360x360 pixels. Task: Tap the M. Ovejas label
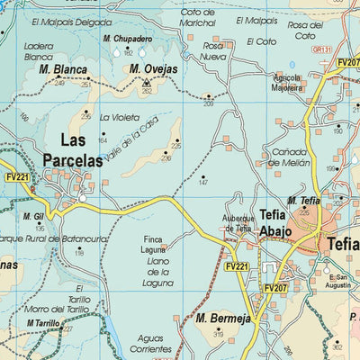tap(153, 68)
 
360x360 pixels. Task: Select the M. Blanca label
tap(63, 68)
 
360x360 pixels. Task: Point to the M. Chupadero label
tap(126, 40)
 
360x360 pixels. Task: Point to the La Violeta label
tap(119, 118)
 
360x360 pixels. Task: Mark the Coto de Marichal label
tap(199, 17)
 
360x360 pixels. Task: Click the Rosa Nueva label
tap(213, 50)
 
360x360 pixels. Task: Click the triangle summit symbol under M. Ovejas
tap(146, 82)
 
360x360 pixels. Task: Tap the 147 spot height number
tap(203, 184)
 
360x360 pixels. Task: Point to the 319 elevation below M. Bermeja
tap(218, 335)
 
